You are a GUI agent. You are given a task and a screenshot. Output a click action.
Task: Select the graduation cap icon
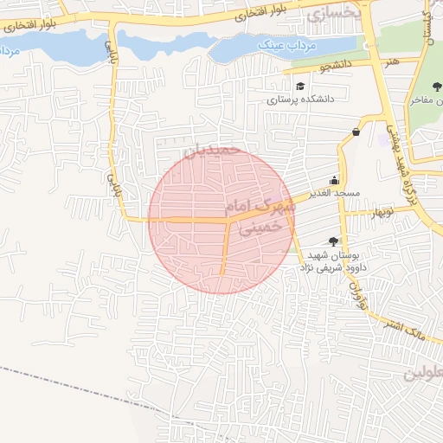tap(300, 87)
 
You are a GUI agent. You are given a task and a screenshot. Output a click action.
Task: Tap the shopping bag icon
tap(356, 132)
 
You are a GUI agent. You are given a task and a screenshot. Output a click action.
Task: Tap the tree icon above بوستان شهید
tap(333, 241)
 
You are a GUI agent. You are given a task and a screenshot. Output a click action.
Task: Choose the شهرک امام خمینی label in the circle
tap(254, 214)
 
